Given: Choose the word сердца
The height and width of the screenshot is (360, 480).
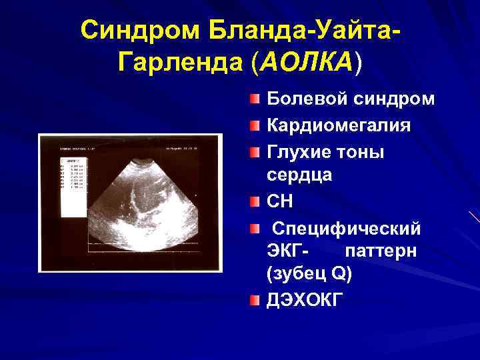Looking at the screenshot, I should click(300, 175).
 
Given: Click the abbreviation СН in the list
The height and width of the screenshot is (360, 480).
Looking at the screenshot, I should click(279, 201).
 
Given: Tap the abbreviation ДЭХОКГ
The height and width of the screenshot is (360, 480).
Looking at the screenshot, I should click(306, 301).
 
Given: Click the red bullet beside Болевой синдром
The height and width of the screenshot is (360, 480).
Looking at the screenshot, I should click(255, 100).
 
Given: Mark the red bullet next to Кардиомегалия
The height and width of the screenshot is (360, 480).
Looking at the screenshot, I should click(255, 126).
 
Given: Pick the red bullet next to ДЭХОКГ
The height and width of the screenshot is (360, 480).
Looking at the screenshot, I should click(255, 301).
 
